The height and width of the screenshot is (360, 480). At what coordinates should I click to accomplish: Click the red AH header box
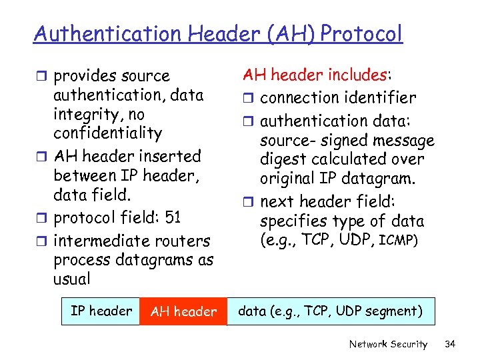coord(183,311)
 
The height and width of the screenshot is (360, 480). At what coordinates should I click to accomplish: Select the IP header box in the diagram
coord(101,311)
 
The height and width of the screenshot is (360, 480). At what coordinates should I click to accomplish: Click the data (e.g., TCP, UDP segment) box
coord(331,311)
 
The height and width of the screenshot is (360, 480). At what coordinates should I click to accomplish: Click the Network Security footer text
coord(388,344)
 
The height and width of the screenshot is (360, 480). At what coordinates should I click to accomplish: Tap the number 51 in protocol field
coord(172,218)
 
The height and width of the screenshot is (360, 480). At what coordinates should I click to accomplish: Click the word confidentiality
coord(107,133)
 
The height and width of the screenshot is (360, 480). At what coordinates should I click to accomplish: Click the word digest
coord(281,160)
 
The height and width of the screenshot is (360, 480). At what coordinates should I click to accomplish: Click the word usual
coord(72,279)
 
